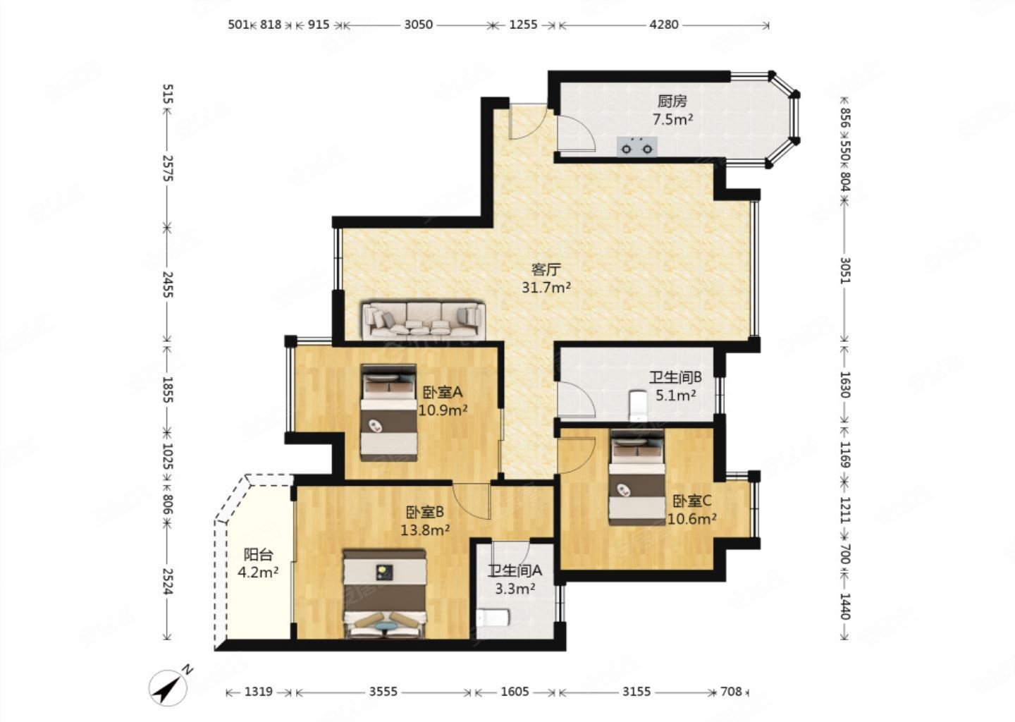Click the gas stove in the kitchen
click(x=637, y=147)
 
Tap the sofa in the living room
click(x=423, y=321)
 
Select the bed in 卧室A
click(x=389, y=413)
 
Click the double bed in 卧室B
click(x=385, y=594)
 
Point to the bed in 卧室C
click(x=636, y=477)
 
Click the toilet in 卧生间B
click(x=638, y=405)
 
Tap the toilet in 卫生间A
click(x=493, y=618)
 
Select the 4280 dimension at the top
click(x=664, y=25)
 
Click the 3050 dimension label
click(x=418, y=25)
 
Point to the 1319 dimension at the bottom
click(x=258, y=692)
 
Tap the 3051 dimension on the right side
click(x=845, y=271)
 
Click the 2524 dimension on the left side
click(x=167, y=582)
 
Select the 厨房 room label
click(x=672, y=101)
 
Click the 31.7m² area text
click(x=546, y=288)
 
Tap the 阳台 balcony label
click(x=258, y=554)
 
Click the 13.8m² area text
click(x=425, y=530)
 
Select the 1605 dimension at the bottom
click(x=515, y=692)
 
